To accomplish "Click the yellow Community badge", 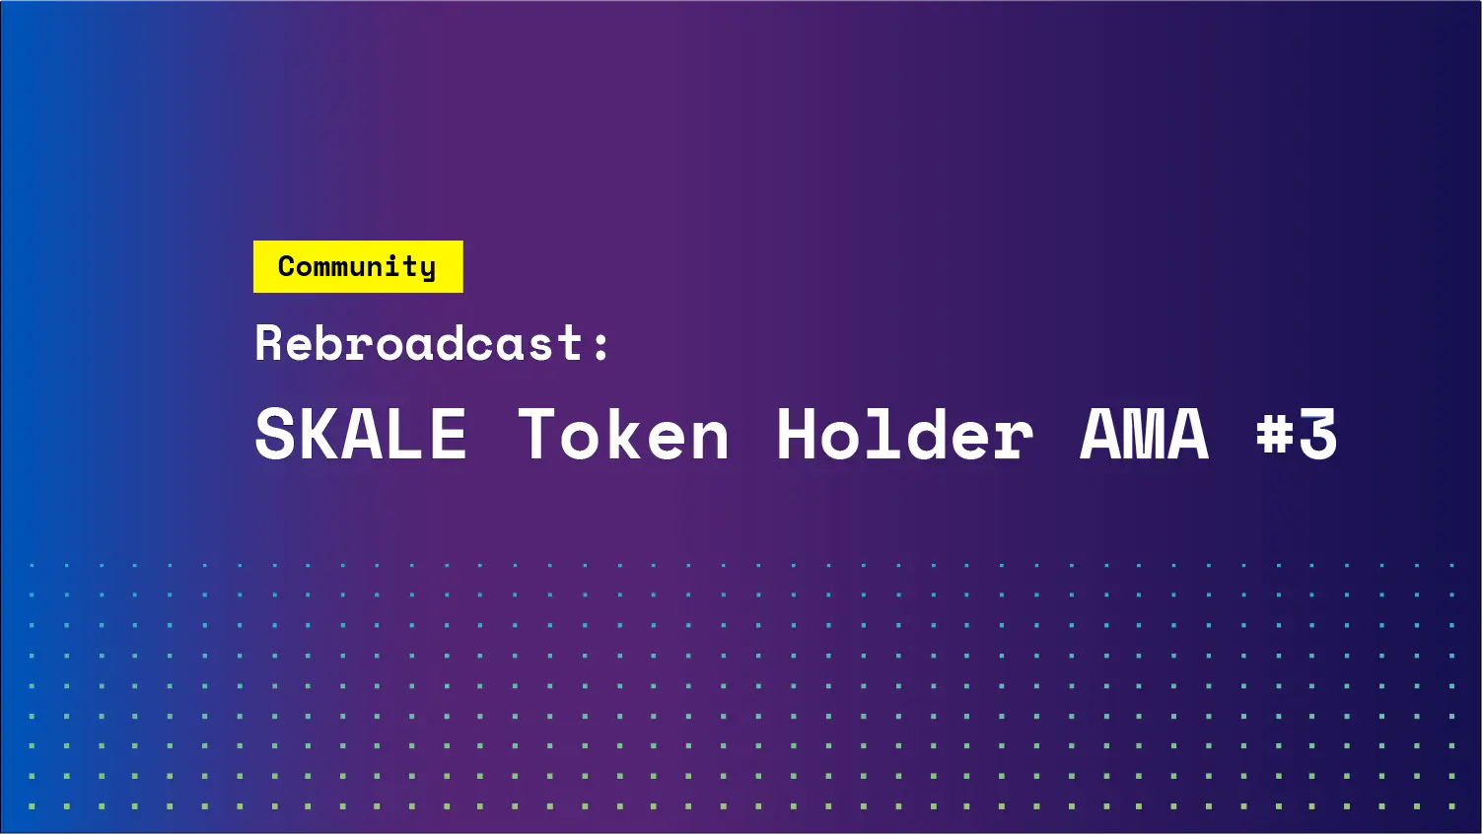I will pyautogui.click(x=358, y=266).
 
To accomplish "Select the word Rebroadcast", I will pyautogui.click(x=419, y=343).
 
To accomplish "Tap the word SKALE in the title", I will pyautogui.click(x=361, y=435).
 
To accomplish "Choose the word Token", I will pyautogui.click(x=623, y=435).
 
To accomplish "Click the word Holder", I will pyautogui.click(x=904, y=435).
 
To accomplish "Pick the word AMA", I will pyautogui.click(x=1144, y=435).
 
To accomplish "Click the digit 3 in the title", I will pyautogui.click(x=1318, y=435).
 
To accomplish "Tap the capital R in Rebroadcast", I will pyautogui.click(x=269, y=343).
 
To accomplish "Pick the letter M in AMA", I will pyautogui.click(x=1144, y=435).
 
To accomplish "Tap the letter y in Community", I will pyautogui.click(x=426, y=269).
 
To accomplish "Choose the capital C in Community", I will pyautogui.click(x=288, y=266).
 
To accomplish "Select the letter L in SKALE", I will pyautogui.click(x=406, y=435).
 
